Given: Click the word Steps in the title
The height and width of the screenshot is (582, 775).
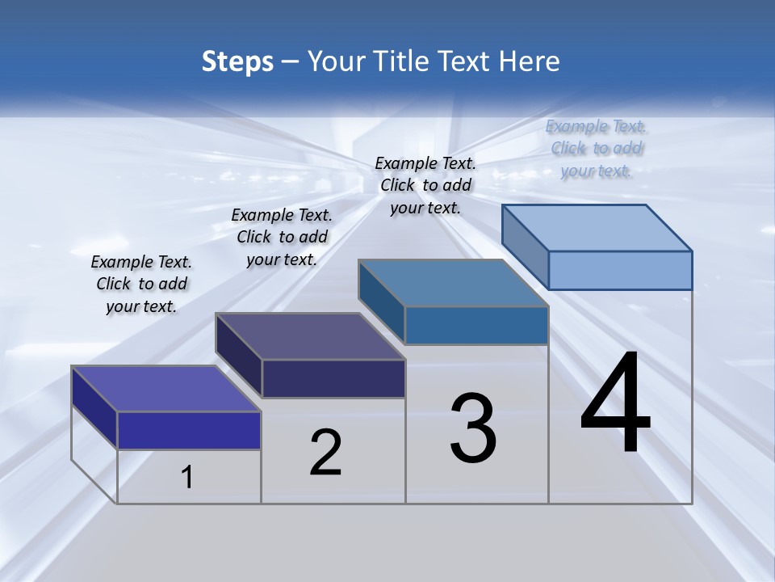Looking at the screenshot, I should click(237, 61).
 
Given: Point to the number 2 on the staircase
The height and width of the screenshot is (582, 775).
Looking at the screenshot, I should click(325, 453).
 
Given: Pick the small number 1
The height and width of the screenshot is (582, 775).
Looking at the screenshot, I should click(187, 477).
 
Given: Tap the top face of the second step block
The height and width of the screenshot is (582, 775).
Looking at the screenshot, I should click(311, 336).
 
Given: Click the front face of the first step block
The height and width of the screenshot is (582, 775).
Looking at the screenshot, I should click(189, 430).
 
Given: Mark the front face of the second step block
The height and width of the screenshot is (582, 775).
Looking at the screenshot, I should click(333, 378).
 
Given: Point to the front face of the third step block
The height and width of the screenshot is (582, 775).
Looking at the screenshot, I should click(476, 326).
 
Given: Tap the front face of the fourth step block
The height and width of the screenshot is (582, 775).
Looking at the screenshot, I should click(620, 270).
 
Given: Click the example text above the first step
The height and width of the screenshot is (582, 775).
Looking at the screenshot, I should click(141, 284).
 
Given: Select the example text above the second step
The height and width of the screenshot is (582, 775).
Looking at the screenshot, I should click(282, 237).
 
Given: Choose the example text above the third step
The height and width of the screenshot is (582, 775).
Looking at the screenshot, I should click(425, 185).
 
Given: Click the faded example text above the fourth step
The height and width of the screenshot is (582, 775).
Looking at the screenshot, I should click(596, 148).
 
